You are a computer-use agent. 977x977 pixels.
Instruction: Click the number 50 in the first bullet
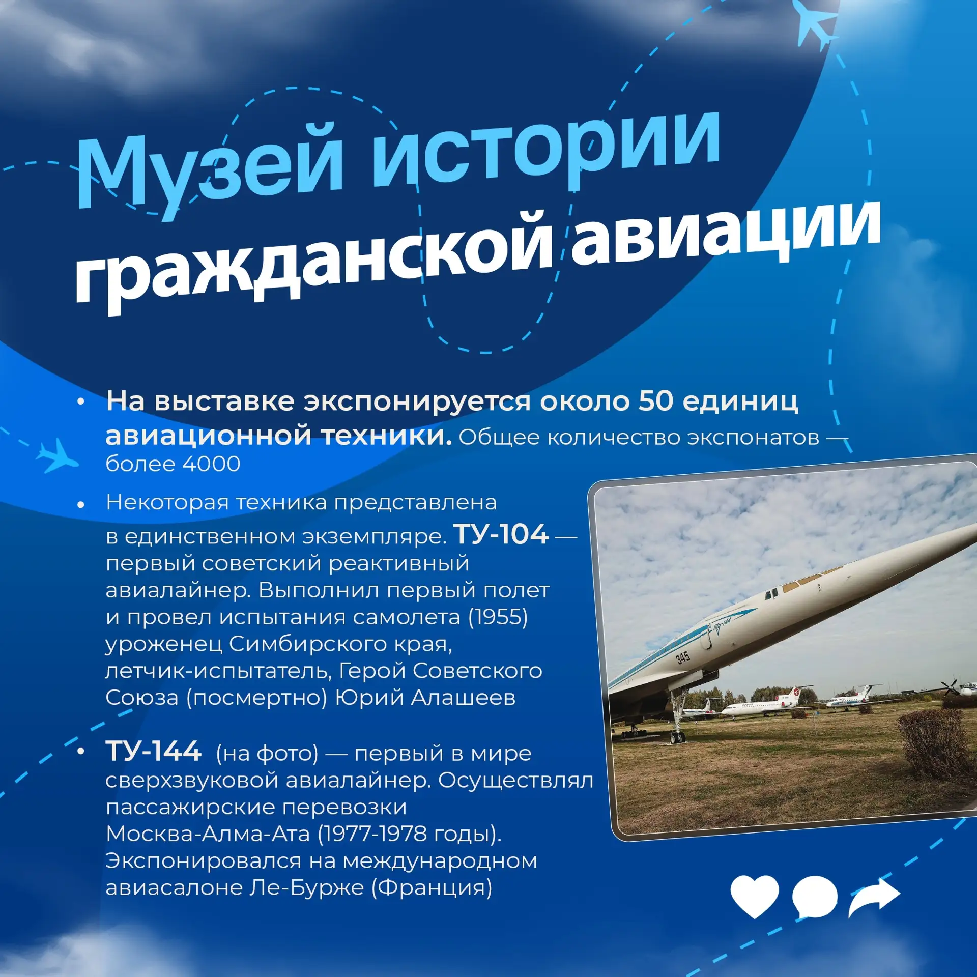click(x=656, y=401)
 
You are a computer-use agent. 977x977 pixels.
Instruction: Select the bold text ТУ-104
click(x=501, y=534)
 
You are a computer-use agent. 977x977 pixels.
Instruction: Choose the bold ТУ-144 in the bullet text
click(x=153, y=752)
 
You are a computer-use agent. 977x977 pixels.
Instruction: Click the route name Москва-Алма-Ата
click(x=208, y=834)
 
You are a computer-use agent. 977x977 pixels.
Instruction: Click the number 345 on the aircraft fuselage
click(x=683, y=657)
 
